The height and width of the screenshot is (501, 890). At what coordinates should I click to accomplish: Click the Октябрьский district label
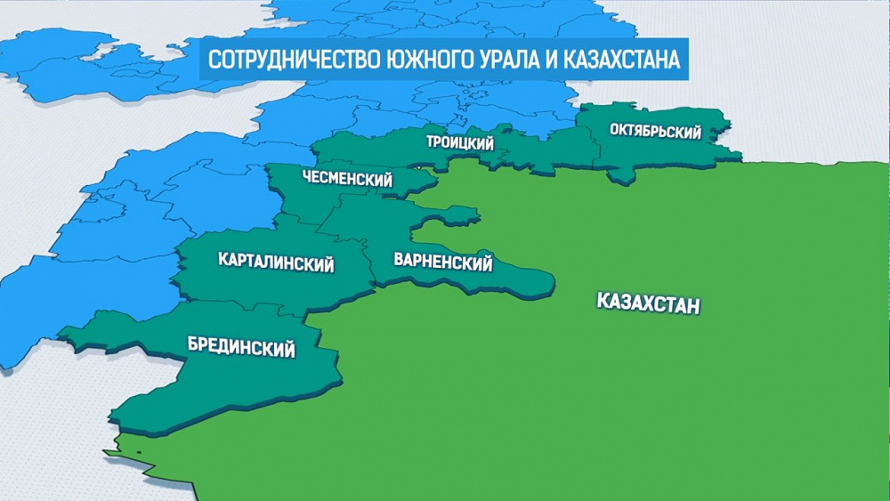[x=655, y=132]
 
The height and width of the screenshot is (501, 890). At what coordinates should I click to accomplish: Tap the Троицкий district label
[x=459, y=142]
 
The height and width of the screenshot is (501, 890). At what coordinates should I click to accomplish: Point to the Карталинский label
[x=276, y=263]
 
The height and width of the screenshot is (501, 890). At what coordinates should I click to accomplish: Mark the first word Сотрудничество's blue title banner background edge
[x=202, y=61]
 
